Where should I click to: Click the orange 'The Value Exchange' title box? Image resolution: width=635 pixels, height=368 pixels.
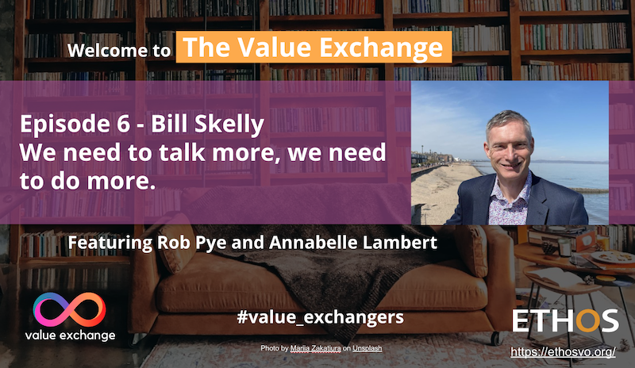click(x=314, y=48)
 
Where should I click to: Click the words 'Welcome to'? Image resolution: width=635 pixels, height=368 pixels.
click(x=119, y=52)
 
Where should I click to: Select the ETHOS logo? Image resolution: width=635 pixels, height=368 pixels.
click(x=564, y=321)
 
